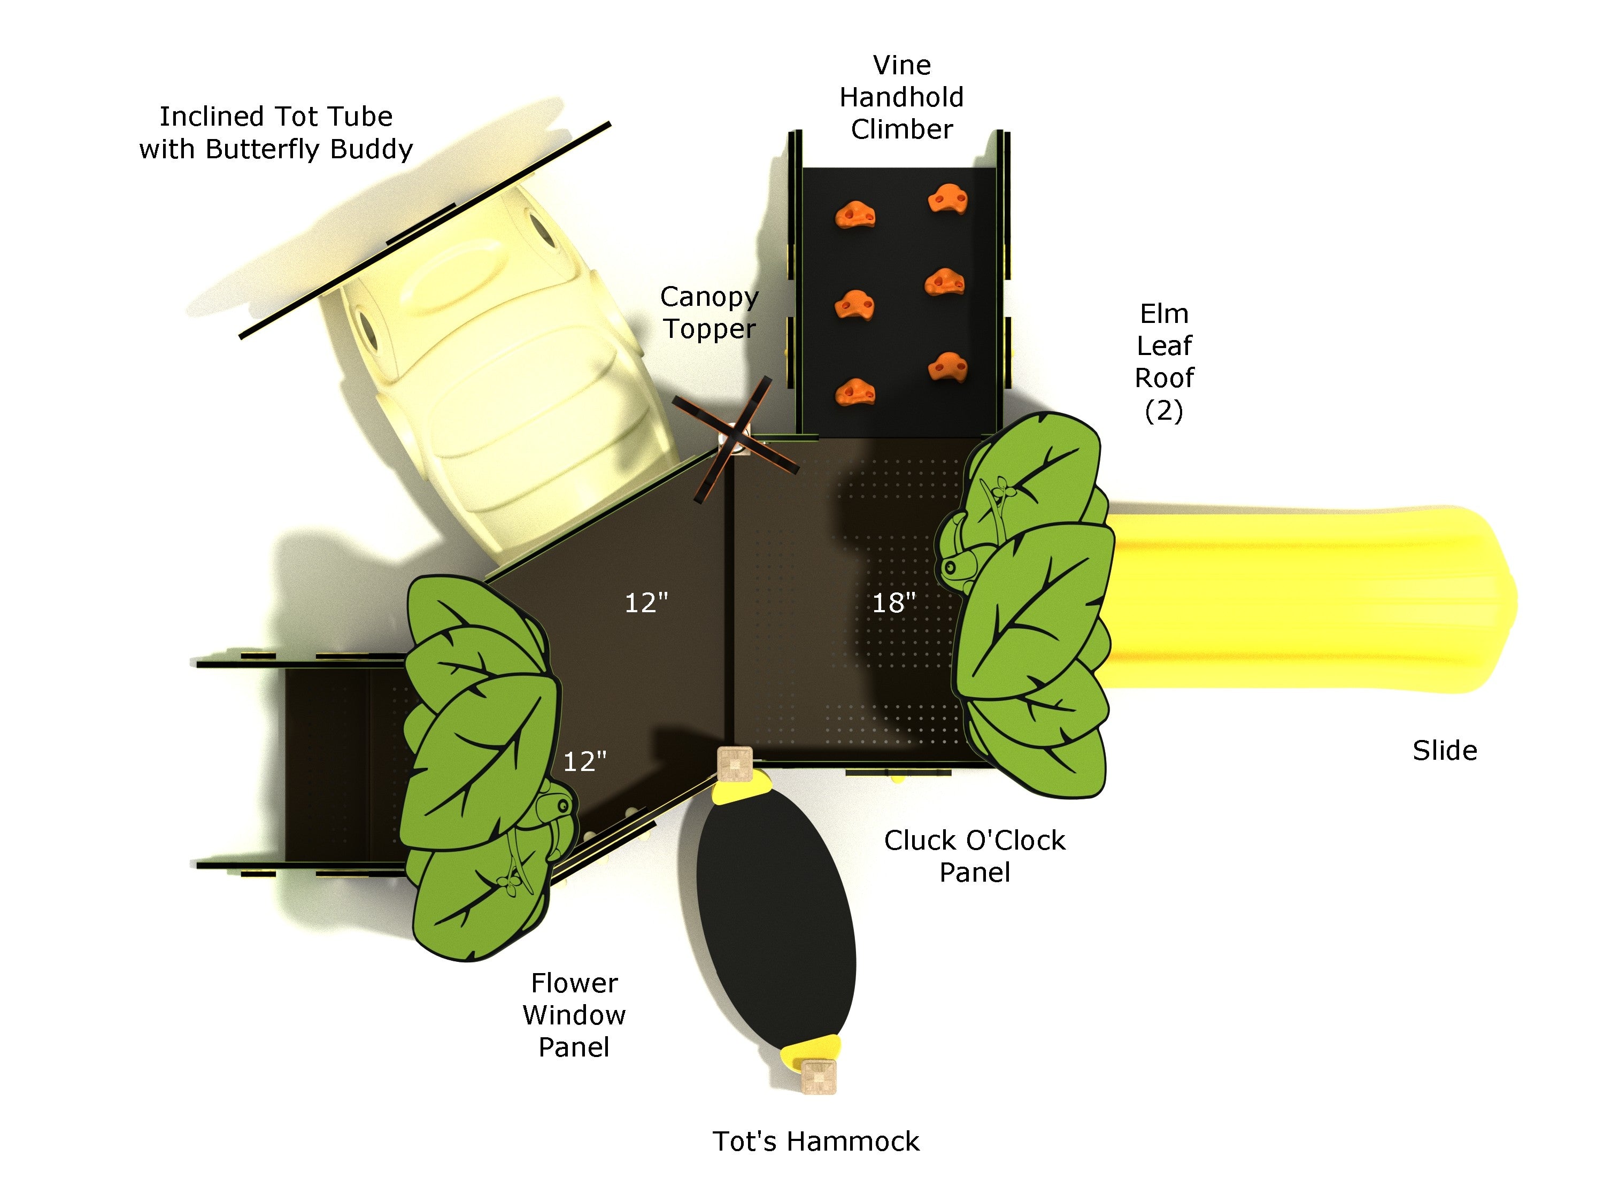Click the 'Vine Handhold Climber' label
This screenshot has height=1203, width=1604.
click(x=901, y=97)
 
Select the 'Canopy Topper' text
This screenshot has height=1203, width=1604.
click(x=709, y=313)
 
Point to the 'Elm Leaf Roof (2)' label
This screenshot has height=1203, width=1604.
click(x=1164, y=362)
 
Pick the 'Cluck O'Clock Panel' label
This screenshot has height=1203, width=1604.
click(x=975, y=855)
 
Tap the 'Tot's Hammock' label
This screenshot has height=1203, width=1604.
click(x=816, y=1142)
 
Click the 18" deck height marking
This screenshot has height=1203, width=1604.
click(x=893, y=603)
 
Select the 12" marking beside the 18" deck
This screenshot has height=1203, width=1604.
click(x=646, y=603)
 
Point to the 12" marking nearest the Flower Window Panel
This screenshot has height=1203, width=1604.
click(x=584, y=761)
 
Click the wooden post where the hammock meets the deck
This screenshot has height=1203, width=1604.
click(x=735, y=764)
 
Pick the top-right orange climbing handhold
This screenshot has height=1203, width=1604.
click(x=947, y=199)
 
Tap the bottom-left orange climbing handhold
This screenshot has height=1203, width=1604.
click(x=855, y=392)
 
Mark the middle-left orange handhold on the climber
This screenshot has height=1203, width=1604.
click(x=854, y=305)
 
